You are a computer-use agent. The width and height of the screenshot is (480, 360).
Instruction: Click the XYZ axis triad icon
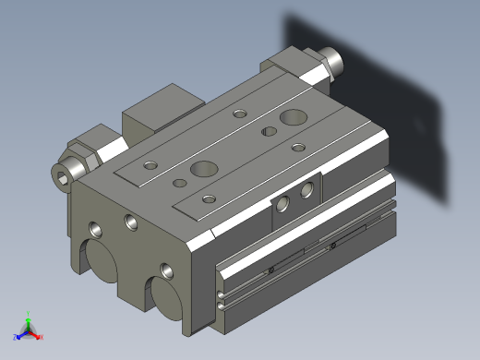pos(28,329)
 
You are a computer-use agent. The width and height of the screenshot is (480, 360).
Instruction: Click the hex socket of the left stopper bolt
pos(65,174)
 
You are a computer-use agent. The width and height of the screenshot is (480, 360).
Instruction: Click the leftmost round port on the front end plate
pos(96,227)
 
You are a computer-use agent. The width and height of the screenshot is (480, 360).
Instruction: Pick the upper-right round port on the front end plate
pos(129,222)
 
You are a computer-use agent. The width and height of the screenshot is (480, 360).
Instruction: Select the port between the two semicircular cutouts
pos(167,271)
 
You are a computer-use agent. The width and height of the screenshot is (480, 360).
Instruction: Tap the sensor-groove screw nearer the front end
pos(271,270)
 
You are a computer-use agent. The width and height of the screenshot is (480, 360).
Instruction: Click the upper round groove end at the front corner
pos(221,295)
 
